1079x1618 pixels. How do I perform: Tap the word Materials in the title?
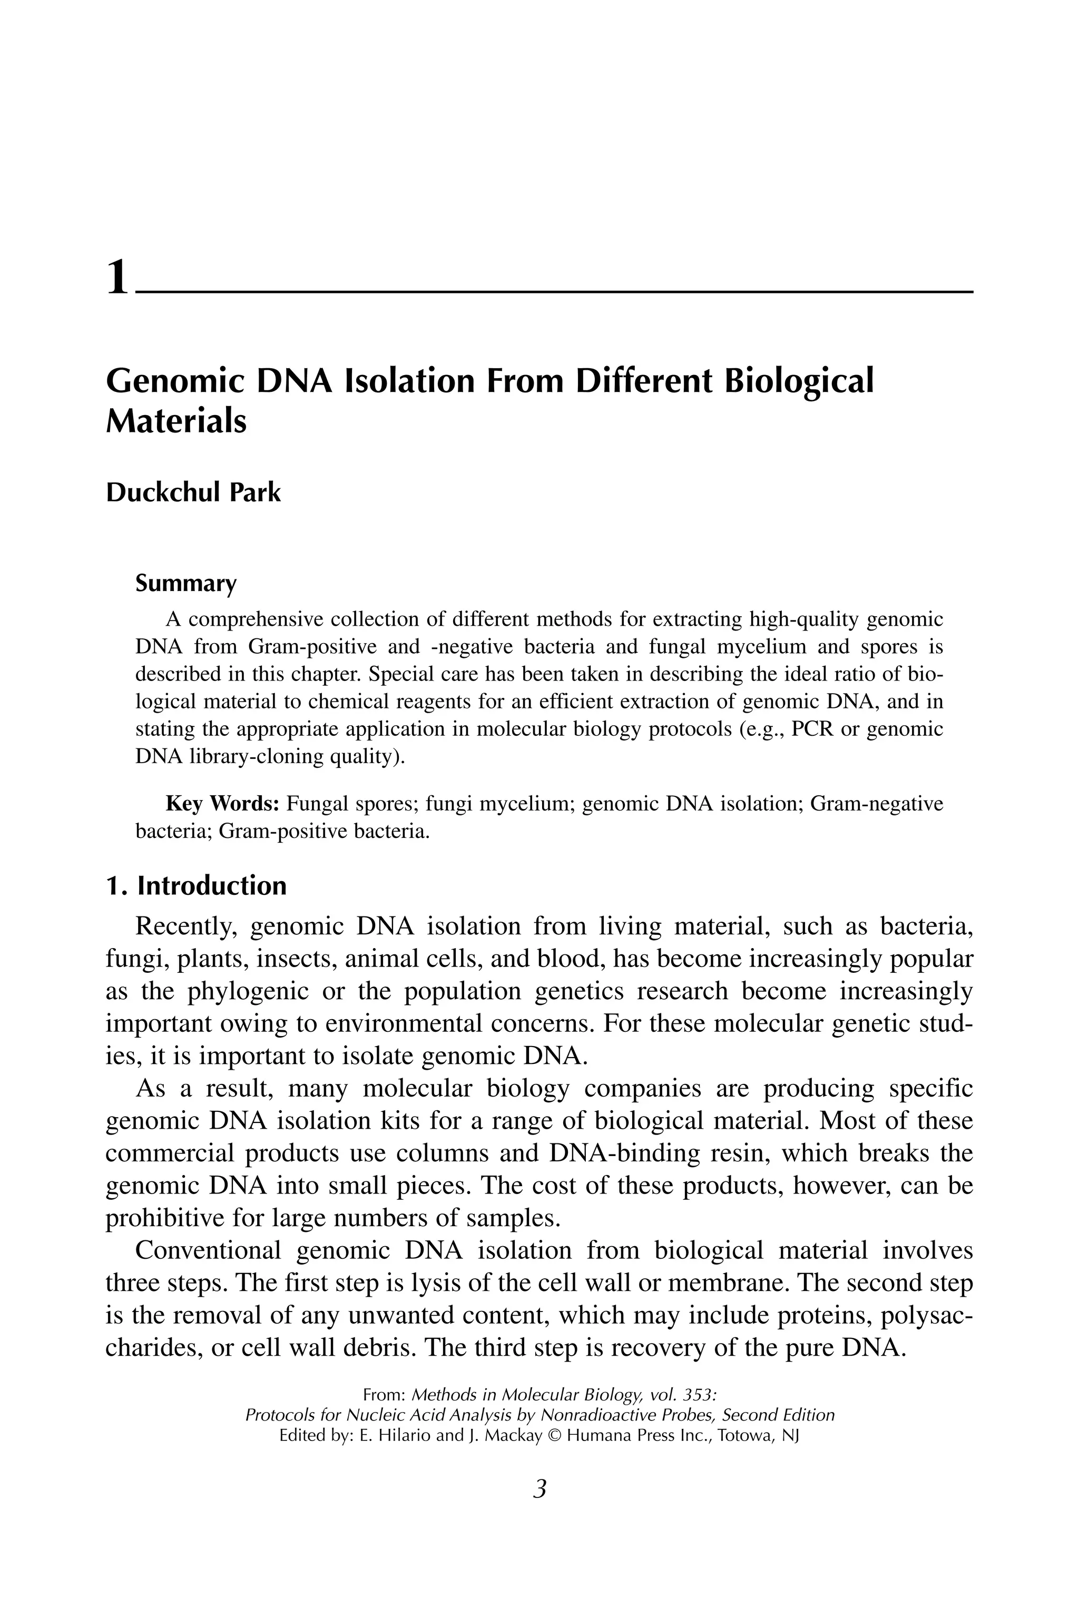tap(176, 421)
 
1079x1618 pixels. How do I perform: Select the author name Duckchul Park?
tap(193, 492)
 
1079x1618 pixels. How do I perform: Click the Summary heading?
tap(186, 584)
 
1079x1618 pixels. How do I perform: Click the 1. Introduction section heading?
tap(196, 885)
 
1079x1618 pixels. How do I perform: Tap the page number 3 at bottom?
tap(539, 1489)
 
